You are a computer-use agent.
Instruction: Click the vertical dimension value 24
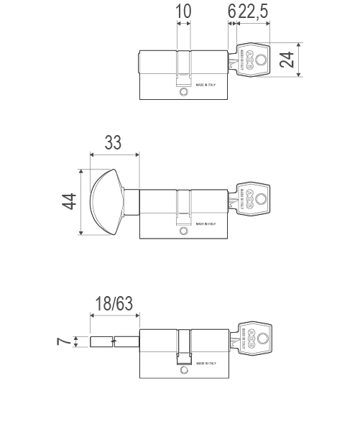tap(287, 60)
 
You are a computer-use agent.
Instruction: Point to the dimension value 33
tap(113, 142)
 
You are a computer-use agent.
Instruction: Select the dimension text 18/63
tap(114, 303)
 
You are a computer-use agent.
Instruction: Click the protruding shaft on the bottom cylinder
tap(114, 341)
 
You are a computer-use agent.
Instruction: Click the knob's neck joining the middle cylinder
tap(131, 202)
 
